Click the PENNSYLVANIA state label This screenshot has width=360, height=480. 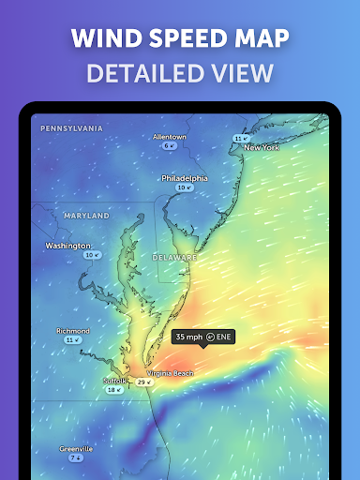pyautogui.click(x=71, y=128)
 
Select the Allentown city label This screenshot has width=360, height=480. pyautogui.click(x=170, y=137)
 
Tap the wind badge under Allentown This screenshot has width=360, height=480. pyautogui.click(x=170, y=146)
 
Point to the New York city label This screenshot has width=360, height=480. pyautogui.click(x=262, y=148)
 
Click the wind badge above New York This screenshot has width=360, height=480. pyautogui.click(x=241, y=139)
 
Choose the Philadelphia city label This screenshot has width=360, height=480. pyautogui.click(x=184, y=178)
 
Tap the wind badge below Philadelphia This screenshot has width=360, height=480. pyautogui.click(x=184, y=187)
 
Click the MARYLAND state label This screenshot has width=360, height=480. pyautogui.click(x=87, y=216)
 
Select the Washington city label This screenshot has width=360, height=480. pyautogui.click(x=67, y=246)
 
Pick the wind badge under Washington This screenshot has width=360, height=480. pyautogui.click(x=92, y=255)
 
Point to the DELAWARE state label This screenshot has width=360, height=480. pyautogui.click(x=175, y=257)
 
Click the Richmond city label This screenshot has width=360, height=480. pyautogui.click(x=73, y=331)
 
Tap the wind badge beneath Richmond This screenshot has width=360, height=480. pyautogui.click(x=73, y=340)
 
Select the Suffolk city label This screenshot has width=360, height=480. pyautogui.click(x=113, y=381)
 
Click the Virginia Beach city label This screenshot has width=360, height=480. pyautogui.click(x=170, y=373)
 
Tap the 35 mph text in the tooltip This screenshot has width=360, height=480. pyautogui.click(x=189, y=337)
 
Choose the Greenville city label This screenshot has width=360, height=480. pyautogui.click(x=76, y=449)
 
